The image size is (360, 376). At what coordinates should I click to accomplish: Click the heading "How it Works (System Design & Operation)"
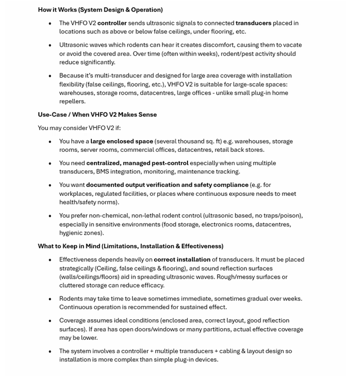point(100,9)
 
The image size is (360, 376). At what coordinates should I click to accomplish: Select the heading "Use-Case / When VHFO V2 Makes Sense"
point(97,115)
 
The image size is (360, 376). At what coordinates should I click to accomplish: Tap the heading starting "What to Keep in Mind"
point(130,246)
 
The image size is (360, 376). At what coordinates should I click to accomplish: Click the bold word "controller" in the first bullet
point(112,23)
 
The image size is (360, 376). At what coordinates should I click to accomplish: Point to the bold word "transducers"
point(253,23)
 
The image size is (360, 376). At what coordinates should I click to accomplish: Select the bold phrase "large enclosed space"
point(121,141)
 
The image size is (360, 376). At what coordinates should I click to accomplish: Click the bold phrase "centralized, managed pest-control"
point(137,163)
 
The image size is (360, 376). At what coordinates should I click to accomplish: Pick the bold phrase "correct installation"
point(182,259)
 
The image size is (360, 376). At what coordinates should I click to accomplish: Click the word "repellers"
point(72,101)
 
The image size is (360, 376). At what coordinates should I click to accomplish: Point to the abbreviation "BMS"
point(103,171)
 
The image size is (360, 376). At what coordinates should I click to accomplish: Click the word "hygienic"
point(73,232)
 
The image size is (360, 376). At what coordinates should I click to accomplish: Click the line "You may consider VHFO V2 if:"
point(79,128)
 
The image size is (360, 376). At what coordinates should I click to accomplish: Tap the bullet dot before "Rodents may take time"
point(50,299)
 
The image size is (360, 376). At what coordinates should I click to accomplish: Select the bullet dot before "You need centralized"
point(50,163)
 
